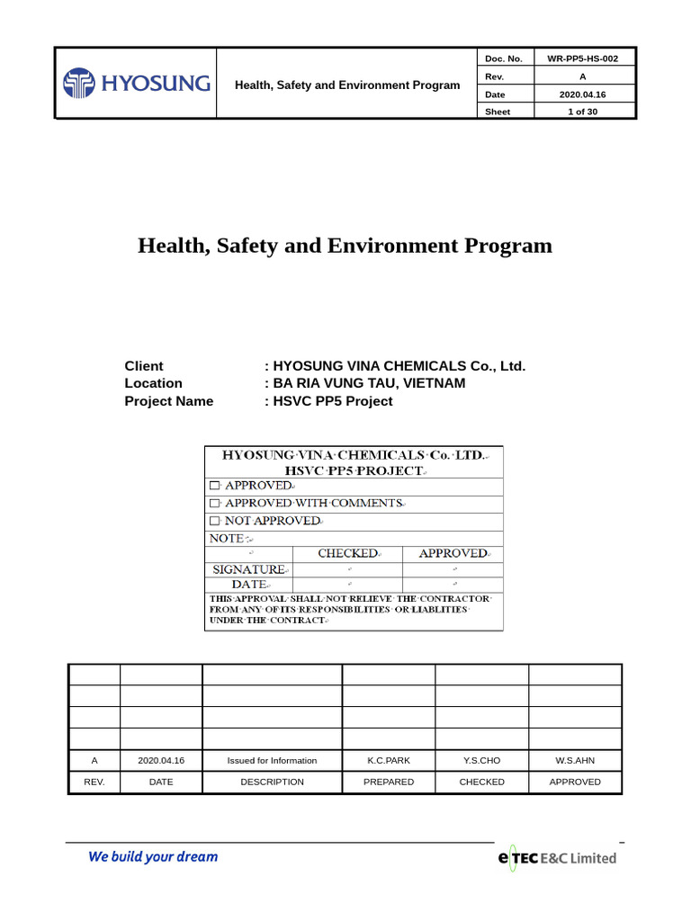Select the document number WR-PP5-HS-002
click(x=582, y=58)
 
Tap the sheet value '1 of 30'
click(x=582, y=112)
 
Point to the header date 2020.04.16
click(x=582, y=94)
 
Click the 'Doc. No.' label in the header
click(x=503, y=58)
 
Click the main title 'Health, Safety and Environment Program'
click(x=345, y=246)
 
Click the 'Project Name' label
click(x=168, y=401)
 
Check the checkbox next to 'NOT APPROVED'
click(x=214, y=521)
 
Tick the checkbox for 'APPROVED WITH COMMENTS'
click(x=214, y=503)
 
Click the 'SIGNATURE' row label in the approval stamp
click(x=248, y=569)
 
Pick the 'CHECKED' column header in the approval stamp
click(x=347, y=553)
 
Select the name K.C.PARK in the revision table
click(x=389, y=761)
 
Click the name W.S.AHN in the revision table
click(x=575, y=761)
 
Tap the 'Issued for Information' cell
click(x=272, y=761)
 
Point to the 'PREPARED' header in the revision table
click(x=389, y=782)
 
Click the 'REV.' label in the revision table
click(x=94, y=782)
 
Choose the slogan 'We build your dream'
click(x=153, y=857)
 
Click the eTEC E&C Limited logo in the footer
click(x=557, y=858)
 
